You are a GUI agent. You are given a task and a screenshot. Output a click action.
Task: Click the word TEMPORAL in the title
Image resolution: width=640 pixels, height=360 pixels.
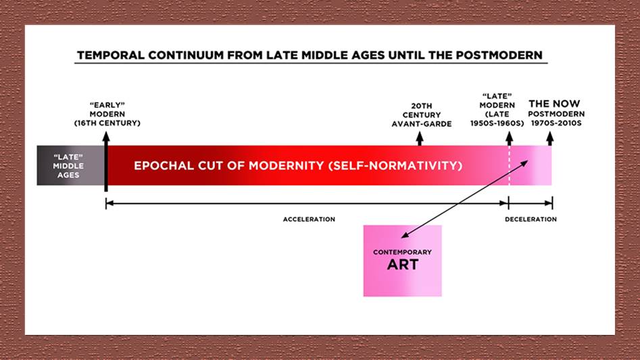click(111, 55)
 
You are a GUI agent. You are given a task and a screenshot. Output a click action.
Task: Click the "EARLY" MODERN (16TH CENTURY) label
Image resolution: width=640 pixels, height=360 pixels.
click(107, 114)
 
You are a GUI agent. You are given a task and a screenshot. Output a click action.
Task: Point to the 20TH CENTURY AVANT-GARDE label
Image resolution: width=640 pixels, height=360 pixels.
click(422, 115)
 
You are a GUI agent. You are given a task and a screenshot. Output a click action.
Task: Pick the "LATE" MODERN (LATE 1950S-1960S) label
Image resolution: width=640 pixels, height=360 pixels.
click(497, 109)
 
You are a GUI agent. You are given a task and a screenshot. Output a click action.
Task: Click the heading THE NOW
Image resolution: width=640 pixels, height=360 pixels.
click(554, 103)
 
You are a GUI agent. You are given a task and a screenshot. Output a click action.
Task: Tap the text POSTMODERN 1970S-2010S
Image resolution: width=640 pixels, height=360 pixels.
click(556, 118)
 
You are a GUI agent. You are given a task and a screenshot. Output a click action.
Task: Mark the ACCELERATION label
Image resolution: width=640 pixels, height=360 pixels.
click(309, 220)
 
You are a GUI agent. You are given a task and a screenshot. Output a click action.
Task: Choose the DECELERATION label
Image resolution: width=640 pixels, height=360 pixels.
click(531, 220)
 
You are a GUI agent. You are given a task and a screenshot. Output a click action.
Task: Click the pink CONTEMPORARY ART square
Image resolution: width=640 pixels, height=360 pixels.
click(402, 261)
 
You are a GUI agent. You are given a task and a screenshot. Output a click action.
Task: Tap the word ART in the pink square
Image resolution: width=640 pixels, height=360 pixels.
click(402, 265)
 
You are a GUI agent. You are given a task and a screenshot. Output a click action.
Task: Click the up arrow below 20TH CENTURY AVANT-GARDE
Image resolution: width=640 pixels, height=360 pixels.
click(420, 138)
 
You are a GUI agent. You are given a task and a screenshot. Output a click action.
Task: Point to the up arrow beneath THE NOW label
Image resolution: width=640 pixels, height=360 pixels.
click(550, 138)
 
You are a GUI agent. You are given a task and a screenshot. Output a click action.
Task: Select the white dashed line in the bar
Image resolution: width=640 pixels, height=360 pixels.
click(509, 165)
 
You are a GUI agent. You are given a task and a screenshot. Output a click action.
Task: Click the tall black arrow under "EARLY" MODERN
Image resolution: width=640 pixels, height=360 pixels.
click(106, 161)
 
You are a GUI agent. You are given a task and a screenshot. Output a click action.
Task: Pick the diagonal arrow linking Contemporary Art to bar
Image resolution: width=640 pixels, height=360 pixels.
click(464, 199)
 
